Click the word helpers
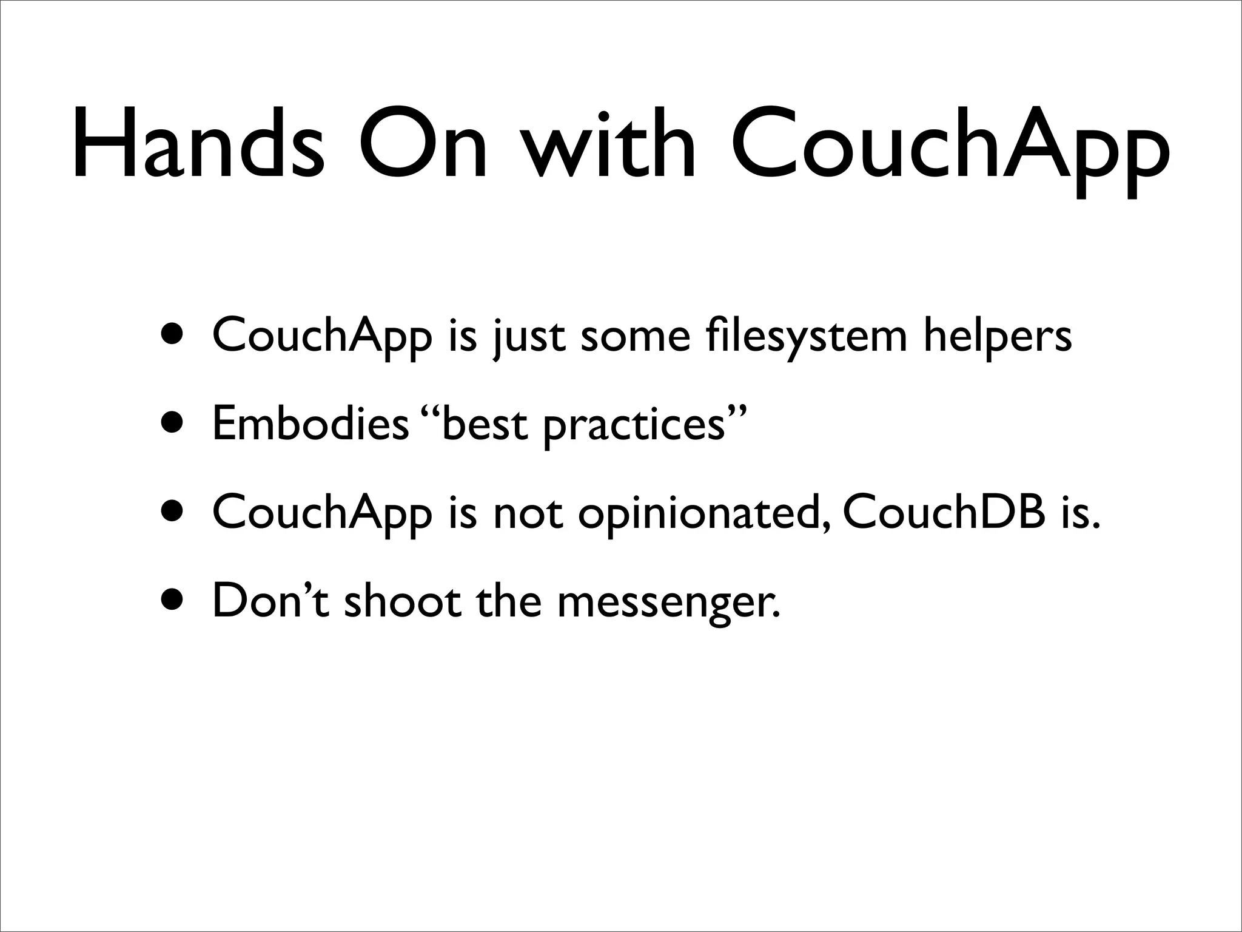point(998,336)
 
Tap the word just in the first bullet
point(529,336)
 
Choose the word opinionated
point(703,513)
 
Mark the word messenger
point(668,603)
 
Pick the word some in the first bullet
point(636,336)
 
